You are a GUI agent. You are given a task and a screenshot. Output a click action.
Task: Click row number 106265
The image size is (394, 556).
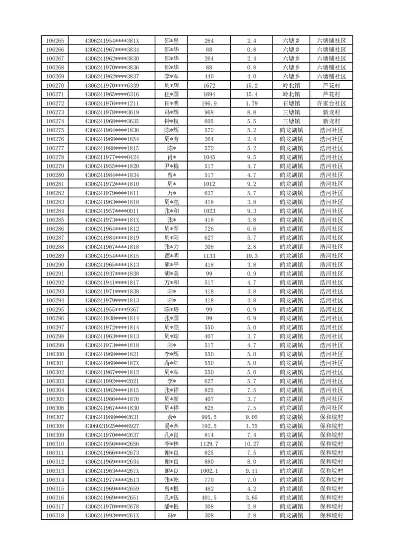tap(55, 41)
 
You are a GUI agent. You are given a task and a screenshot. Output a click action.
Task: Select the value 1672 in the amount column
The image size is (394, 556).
tap(209, 85)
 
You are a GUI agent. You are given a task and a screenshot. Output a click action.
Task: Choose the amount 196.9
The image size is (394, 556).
tap(209, 104)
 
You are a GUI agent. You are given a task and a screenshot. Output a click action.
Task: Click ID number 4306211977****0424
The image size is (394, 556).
tap(112, 157)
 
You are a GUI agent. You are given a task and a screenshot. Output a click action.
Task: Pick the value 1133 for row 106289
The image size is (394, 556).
tap(209, 256)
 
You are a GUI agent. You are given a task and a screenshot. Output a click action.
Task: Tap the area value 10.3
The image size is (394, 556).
tap(252, 256)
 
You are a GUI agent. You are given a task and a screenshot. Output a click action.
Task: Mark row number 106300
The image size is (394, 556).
tap(55, 354)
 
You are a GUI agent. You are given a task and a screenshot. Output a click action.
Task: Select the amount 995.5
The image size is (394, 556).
tap(209, 417)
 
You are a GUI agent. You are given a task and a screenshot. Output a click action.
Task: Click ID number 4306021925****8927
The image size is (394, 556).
tap(112, 426)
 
